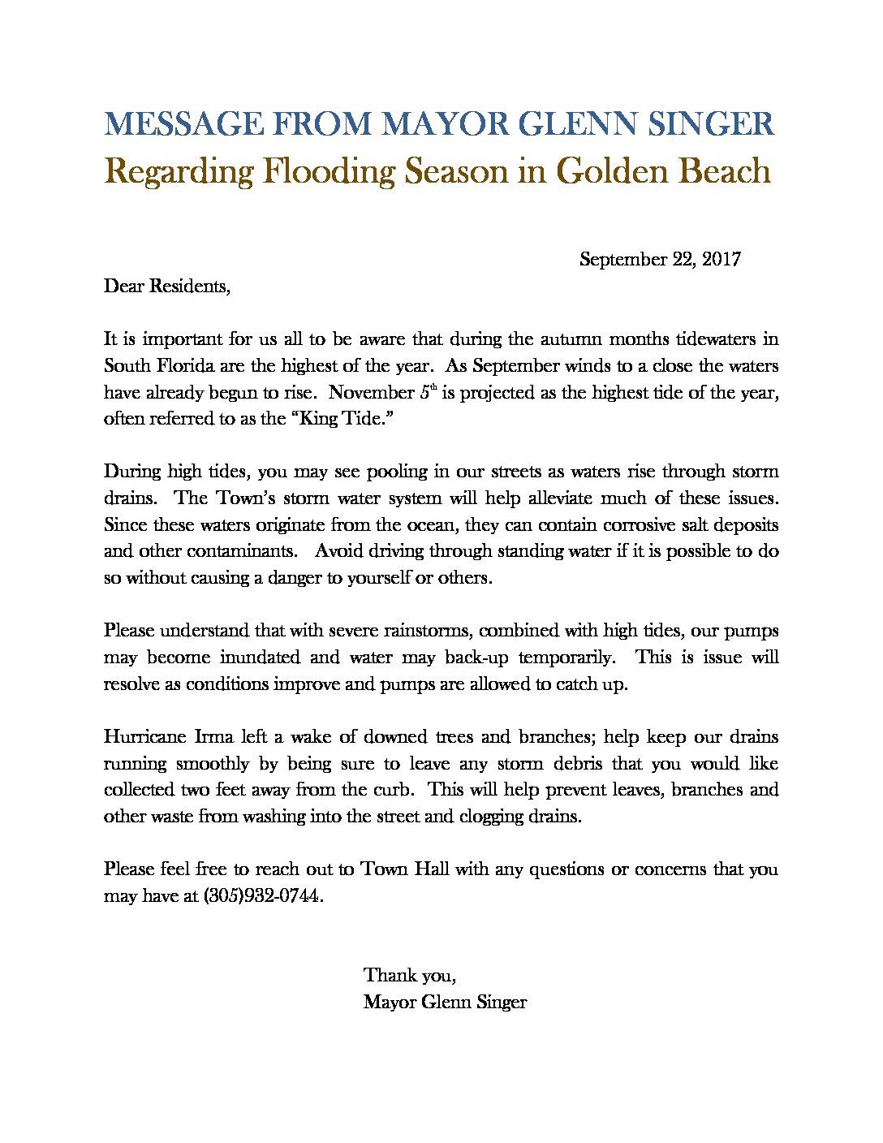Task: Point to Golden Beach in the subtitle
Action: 662,171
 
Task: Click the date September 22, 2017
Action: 660,260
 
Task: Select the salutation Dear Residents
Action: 167,286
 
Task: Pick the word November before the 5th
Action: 372,392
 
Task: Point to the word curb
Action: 399,790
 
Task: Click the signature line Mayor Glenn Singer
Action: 445,1003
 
